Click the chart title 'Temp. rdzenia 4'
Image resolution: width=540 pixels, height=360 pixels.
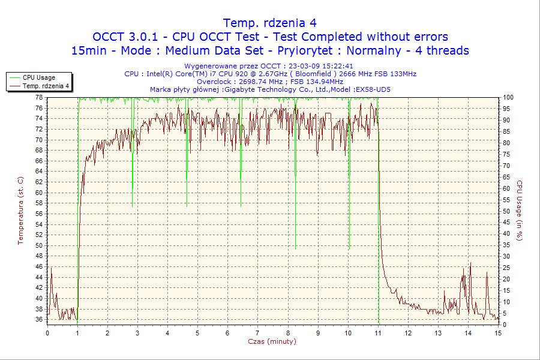click(269, 23)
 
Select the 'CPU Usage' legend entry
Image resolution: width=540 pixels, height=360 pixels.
click(39, 77)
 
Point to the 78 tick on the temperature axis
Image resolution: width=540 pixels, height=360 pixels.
click(38, 97)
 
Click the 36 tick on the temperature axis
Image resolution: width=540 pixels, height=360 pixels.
click(38, 320)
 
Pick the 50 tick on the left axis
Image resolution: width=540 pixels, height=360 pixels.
click(38, 245)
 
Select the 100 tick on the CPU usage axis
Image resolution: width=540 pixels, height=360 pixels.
click(508, 97)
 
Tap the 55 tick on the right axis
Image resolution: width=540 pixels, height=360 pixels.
click(506, 200)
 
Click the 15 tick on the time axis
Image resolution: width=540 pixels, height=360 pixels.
click(497, 333)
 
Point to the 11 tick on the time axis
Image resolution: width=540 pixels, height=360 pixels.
click(378, 333)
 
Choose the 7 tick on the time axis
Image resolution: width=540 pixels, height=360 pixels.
click(257, 333)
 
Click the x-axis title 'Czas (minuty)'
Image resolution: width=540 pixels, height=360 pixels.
click(272, 341)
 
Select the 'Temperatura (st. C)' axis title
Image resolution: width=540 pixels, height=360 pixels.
click(20, 210)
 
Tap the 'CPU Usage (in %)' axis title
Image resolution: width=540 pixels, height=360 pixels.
click(520, 210)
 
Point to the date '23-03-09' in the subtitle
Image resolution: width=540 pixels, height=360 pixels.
click(304, 66)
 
